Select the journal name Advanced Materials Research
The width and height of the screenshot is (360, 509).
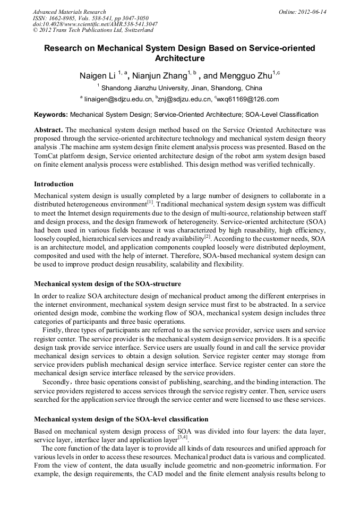click(x=69, y=11)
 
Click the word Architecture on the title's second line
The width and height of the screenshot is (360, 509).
click(x=179, y=58)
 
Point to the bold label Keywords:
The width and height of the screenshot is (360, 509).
click(x=51, y=114)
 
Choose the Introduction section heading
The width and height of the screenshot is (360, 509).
click(x=54, y=184)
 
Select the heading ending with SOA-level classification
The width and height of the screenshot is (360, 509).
click(x=121, y=419)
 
